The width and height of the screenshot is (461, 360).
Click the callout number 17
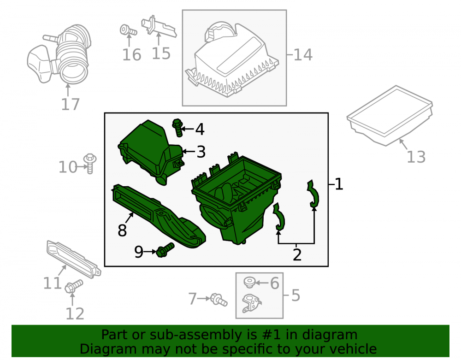[x=70, y=104]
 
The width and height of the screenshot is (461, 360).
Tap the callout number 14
[x=303, y=55]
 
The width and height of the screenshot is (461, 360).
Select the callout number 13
[x=416, y=157]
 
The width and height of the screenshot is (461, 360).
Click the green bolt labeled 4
[x=177, y=128]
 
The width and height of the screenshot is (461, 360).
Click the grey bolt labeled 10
[x=90, y=163]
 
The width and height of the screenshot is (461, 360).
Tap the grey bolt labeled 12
[x=73, y=286]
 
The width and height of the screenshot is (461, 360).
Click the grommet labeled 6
[x=249, y=282]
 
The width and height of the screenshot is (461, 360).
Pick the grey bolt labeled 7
[x=219, y=300]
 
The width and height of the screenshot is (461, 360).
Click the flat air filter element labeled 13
[x=390, y=116]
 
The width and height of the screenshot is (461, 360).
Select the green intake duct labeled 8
[x=159, y=216]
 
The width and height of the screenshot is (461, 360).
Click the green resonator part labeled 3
[x=151, y=152]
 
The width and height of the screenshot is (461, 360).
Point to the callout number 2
[x=297, y=255]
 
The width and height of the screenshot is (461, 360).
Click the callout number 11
[x=53, y=283]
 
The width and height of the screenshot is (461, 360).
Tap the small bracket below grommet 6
[x=251, y=303]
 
